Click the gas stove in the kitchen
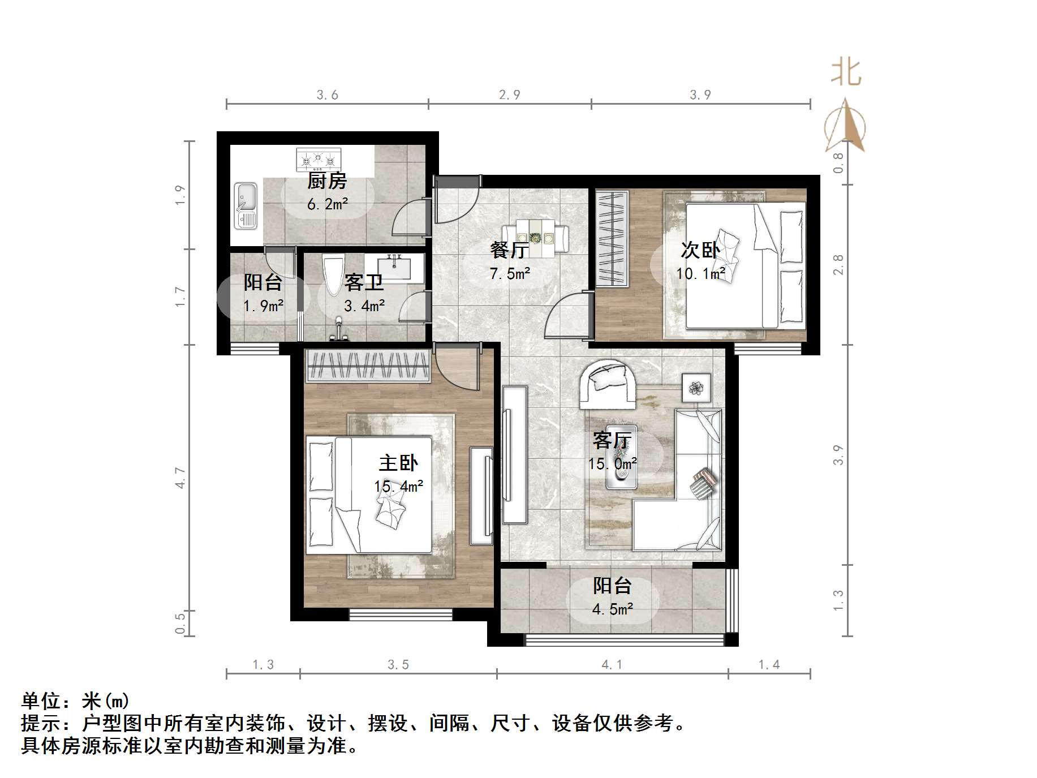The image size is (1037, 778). click(x=319, y=160)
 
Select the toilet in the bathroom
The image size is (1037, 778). click(x=332, y=274)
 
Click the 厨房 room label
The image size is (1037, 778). click(x=327, y=181)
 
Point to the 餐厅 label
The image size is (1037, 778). click(x=509, y=250)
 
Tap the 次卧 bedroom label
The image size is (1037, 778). click(x=700, y=250)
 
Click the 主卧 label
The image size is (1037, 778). click(x=398, y=463)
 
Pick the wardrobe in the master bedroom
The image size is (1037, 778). click(x=368, y=366)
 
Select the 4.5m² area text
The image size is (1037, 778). click(x=613, y=609)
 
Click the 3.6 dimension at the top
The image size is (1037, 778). click(x=327, y=95)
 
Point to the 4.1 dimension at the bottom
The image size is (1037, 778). click(x=612, y=664)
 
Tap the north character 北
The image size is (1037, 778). click(x=846, y=73)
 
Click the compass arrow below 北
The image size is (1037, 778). click(x=845, y=128)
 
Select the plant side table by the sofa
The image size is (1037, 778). click(x=696, y=388)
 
